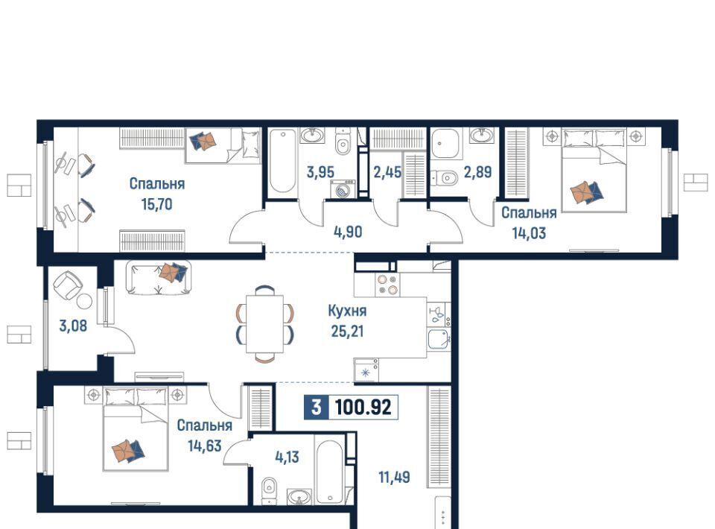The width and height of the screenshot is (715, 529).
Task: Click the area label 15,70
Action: pos(157,204)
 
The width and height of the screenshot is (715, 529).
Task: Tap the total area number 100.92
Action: pos(363,407)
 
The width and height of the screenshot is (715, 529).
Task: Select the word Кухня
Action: pos(347,311)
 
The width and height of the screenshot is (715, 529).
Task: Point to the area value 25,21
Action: pos(347,331)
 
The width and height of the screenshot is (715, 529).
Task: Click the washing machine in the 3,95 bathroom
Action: pos(343,189)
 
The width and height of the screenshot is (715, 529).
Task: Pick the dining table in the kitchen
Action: pos(264,324)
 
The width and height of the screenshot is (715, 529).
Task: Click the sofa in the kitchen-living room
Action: pos(158,277)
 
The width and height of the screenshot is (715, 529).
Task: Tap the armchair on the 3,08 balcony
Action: pos(69,285)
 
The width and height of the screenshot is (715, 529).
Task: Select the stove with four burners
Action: pos(387,284)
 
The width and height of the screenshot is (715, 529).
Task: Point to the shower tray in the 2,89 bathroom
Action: pos(445,143)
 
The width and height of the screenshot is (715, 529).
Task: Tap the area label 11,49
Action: pos(394,477)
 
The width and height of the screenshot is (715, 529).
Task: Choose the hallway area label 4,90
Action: pos(348,232)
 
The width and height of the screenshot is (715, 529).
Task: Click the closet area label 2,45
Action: pos(387,172)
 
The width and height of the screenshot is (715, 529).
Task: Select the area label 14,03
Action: pos(529,233)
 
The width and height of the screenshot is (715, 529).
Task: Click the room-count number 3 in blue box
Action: pos(316,407)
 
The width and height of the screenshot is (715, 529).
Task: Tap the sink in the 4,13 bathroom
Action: pos(299,496)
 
